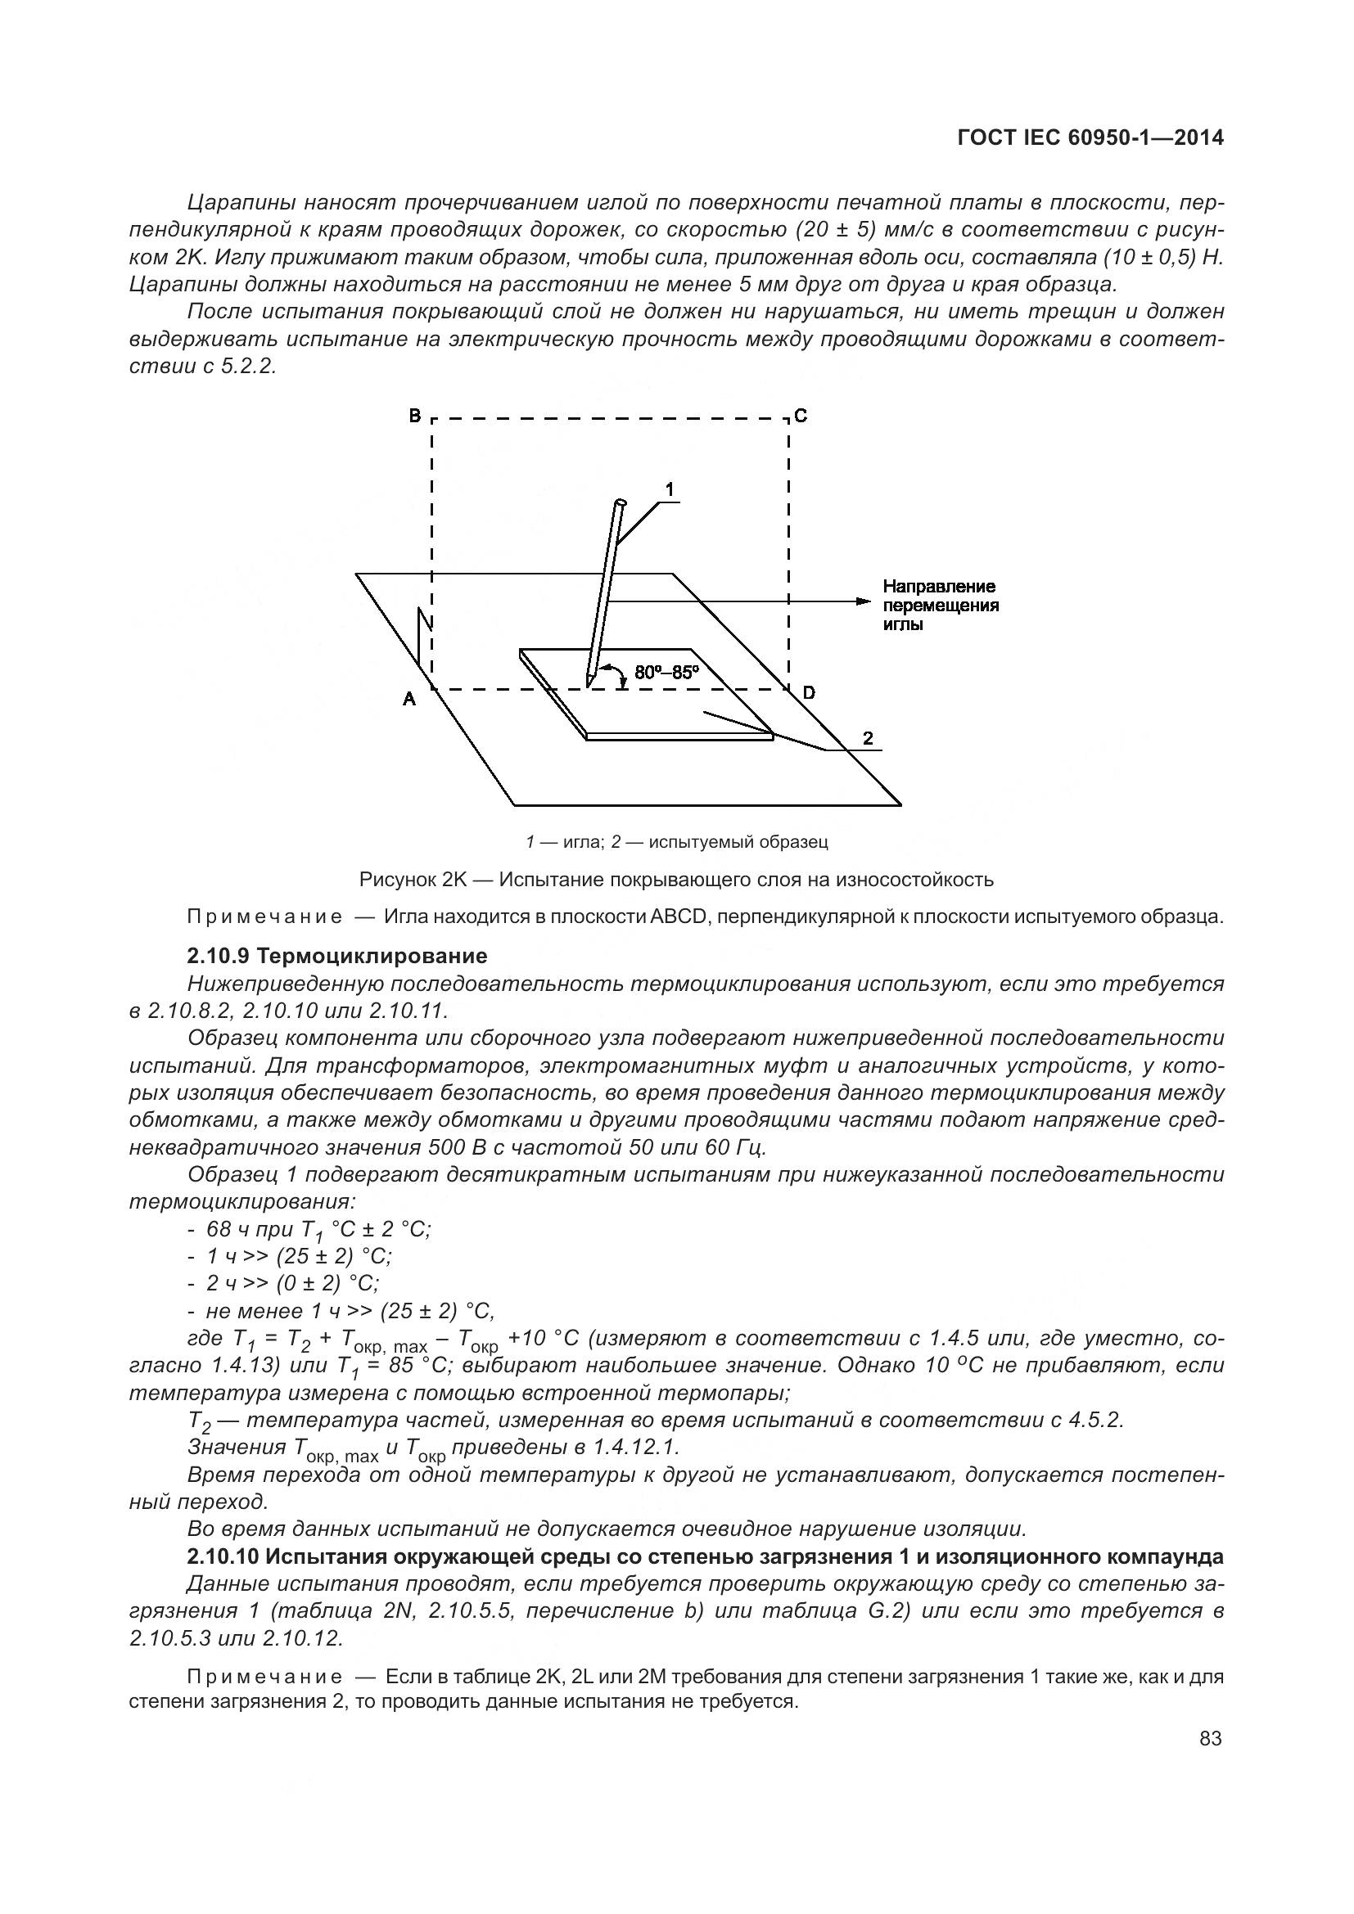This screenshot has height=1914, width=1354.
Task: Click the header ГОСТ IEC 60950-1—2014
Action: tap(1090, 138)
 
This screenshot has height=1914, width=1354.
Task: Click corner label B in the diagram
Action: tap(414, 415)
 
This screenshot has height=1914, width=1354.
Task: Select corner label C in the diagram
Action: tap(801, 415)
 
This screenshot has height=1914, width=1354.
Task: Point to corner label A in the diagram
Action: tap(409, 700)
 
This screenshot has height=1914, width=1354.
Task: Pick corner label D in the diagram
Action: tap(809, 692)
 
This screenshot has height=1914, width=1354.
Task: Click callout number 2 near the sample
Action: tap(868, 737)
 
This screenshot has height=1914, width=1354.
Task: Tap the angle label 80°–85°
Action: tap(666, 672)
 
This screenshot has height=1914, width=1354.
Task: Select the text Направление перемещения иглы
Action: tap(940, 606)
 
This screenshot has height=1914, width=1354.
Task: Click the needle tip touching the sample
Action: tap(589, 685)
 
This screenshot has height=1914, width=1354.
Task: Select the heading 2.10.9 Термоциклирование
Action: tap(336, 955)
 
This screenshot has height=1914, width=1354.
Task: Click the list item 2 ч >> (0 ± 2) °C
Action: tap(291, 1283)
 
